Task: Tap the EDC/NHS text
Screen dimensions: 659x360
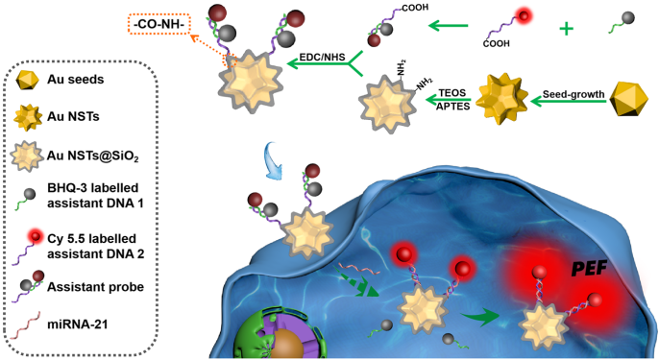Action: [x=323, y=58]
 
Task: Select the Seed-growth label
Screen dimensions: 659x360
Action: [x=574, y=94]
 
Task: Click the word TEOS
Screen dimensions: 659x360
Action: [x=452, y=93]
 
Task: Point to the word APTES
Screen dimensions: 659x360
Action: [x=452, y=107]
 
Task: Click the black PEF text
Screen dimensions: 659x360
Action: [x=589, y=269]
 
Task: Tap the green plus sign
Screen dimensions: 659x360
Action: [x=566, y=29]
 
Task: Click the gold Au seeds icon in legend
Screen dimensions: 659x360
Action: [x=27, y=80]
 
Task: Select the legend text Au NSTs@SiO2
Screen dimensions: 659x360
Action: [x=93, y=156]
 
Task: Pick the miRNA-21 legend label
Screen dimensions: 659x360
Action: [x=77, y=324]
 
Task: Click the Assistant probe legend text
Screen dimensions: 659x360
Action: [x=95, y=287]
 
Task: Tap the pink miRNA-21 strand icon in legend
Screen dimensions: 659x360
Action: [x=25, y=324]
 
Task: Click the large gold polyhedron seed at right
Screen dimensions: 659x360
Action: [x=628, y=99]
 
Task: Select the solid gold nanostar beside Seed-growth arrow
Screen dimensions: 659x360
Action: [x=502, y=99]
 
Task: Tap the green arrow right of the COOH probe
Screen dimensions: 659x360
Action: [x=448, y=26]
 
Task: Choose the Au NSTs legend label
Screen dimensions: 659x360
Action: [x=73, y=116]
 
